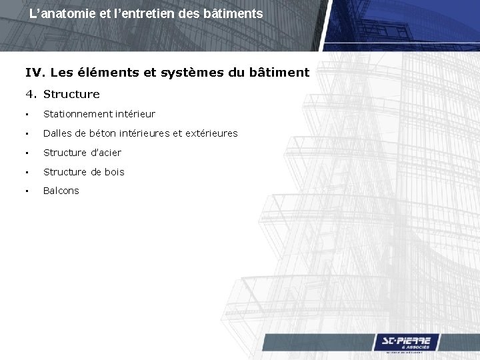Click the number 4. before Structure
[31, 94]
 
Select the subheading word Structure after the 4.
[71, 94]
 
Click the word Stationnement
[77, 115]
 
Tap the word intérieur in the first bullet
[134, 115]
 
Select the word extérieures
[211, 133]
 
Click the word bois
[114, 172]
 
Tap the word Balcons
[61, 191]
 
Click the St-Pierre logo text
[406, 341]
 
